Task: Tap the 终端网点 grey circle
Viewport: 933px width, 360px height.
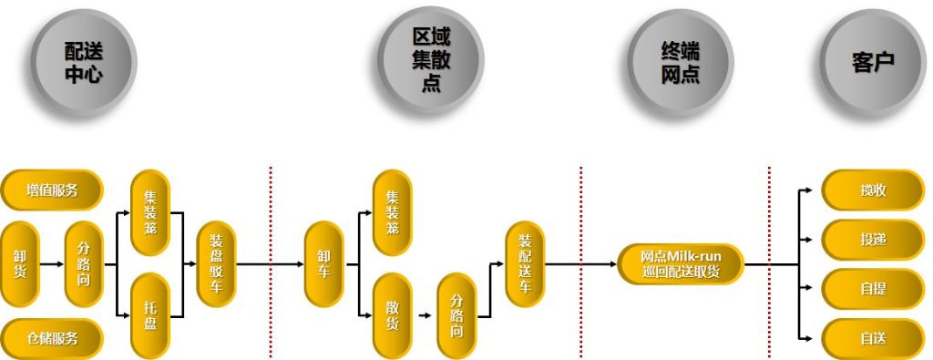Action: pos(681,60)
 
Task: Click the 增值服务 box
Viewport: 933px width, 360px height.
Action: pos(52,190)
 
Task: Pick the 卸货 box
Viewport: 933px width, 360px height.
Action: pos(19,264)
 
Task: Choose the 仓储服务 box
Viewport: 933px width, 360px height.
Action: pos(52,338)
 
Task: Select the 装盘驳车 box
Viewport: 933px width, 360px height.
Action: pos(216,264)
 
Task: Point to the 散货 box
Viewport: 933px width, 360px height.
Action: pos(393,314)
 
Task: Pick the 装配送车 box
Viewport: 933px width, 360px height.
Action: pos(524,264)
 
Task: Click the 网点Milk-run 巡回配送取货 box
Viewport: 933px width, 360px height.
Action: pos(680,264)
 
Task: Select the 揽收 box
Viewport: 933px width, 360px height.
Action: pos(873,190)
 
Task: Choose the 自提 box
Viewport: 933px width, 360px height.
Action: pos(873,289)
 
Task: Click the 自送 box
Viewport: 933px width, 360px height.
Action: pos(873,338)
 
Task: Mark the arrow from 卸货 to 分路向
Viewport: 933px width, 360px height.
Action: pos(51,264)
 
